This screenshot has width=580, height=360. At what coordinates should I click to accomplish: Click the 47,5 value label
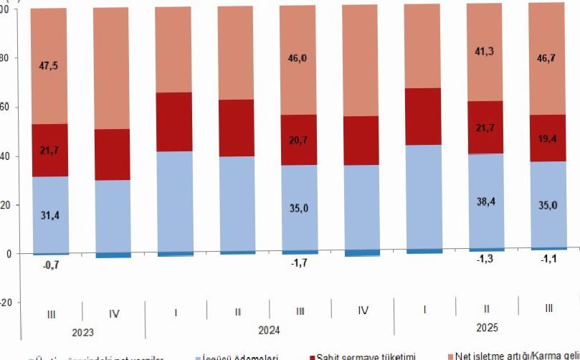point(49,66)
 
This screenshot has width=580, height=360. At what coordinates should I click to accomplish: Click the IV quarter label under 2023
point(113,313)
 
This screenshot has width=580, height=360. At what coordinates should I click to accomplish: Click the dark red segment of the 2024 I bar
point(173,122)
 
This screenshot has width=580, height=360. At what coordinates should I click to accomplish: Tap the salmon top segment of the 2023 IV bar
point(112,68)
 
